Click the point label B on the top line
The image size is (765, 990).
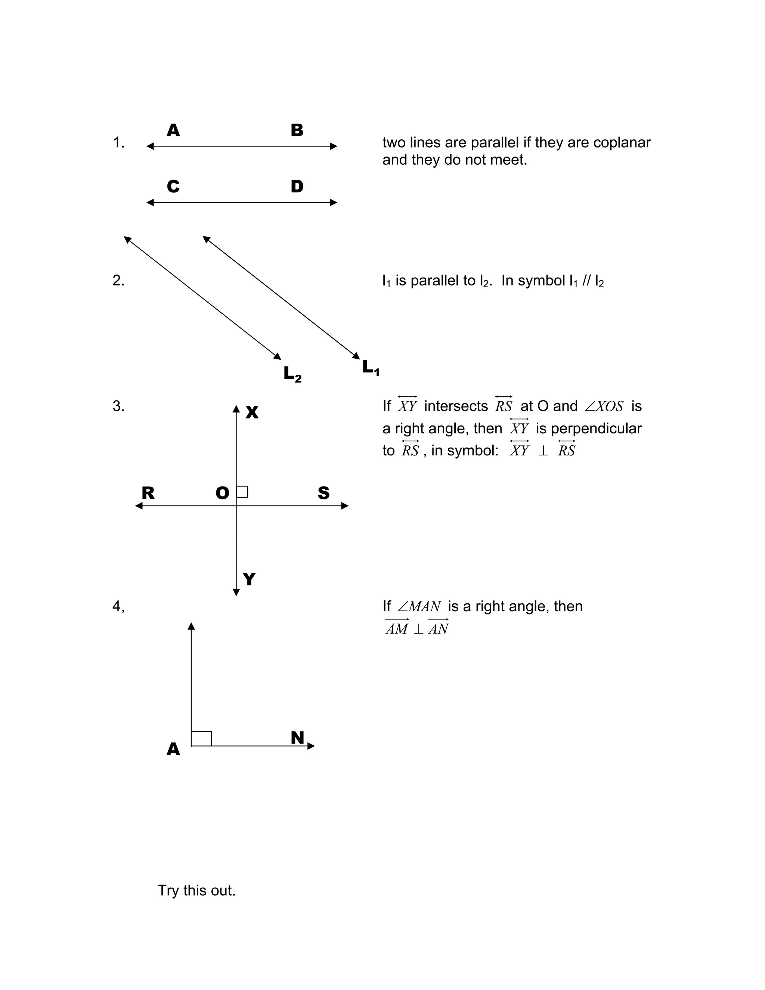pos(297,130)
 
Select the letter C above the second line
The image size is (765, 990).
pos(173,187)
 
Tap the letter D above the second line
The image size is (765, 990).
pos(297,187)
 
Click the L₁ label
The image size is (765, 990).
pos(370,368)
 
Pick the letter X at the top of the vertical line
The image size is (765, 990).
pos(252,412)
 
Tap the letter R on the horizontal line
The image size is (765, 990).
pos(148,493)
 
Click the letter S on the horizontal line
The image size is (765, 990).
pos(323,493)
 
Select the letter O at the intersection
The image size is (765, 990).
pos(222,493)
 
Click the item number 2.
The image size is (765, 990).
pos(118,281)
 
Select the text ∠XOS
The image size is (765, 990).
pos(604,406)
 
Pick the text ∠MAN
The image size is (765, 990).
pos(419,606)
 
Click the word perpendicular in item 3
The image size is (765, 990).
pos(596,429)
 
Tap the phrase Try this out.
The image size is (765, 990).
pos(196,891)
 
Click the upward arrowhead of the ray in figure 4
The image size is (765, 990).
pos(191,626)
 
